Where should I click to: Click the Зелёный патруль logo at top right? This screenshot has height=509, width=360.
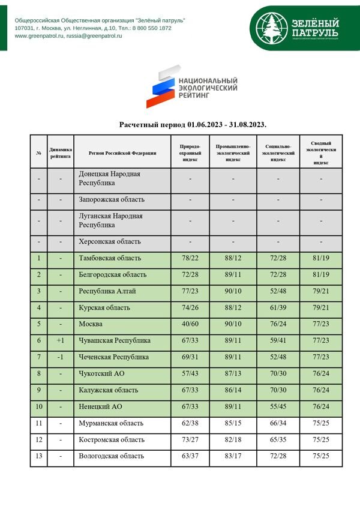coord(298,28)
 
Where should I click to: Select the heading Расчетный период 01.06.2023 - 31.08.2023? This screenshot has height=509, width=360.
coord(193,125)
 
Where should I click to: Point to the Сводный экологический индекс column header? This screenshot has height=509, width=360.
coord(320,153)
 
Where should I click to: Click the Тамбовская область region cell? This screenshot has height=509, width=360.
coord(110,258)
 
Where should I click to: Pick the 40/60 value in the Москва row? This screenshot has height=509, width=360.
coord(190,324)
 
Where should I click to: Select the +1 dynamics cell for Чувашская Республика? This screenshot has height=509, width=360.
coord(61,340)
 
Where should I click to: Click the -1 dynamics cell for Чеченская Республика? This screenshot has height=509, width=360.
coord(61,357)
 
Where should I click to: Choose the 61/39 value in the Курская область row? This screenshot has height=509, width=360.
coord(278,307)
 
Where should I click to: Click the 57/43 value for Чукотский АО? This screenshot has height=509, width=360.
coord(190,373)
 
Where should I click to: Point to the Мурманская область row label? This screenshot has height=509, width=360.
coord(111,423)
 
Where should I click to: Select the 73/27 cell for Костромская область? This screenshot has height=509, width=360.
coord(190,439)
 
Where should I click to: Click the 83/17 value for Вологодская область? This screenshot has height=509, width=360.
coord(233,456)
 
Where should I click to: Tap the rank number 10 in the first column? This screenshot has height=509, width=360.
coord(39,406)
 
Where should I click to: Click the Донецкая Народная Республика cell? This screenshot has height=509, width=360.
coord(109,178)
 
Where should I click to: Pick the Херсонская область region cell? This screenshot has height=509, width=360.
coord(110,241)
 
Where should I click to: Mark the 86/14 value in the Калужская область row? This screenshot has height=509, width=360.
coord(233,390)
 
